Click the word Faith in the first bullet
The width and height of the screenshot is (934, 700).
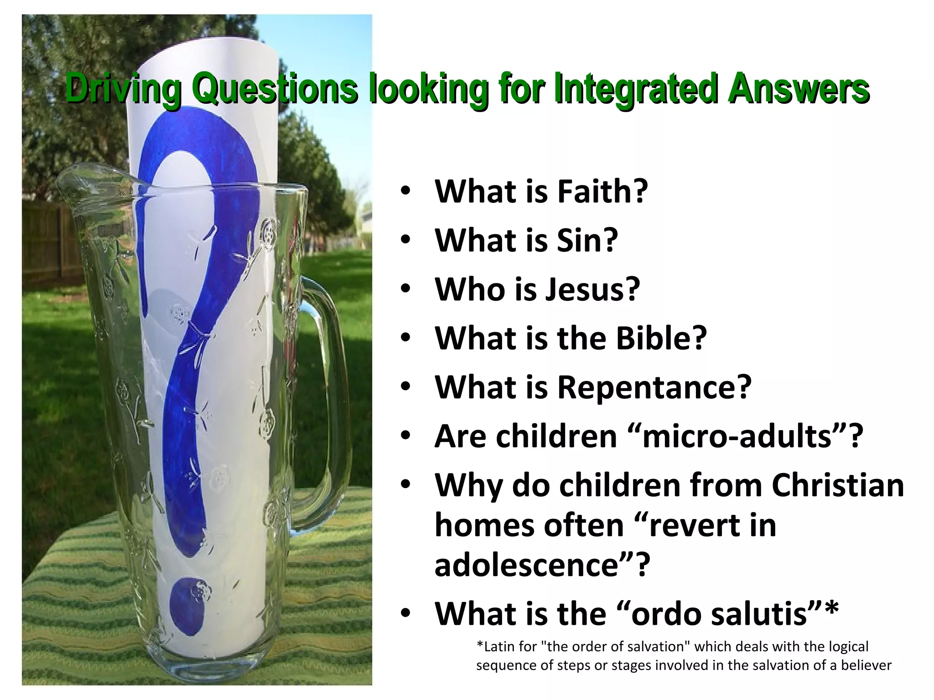[x=602, y=191]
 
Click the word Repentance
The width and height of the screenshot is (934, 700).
[x=654, y=387]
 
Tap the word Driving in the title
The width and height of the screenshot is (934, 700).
[x=123, y=89]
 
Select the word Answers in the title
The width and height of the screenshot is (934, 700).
[x=798, y=89]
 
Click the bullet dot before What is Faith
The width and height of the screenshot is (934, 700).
[x=405, y=192]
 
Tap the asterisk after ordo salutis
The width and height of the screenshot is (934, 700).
[x=831, y=609]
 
